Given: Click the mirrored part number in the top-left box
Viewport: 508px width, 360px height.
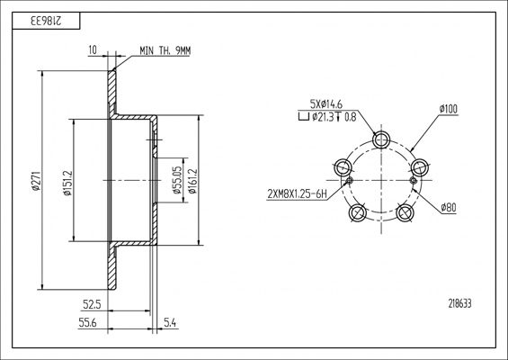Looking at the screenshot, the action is (46, 22).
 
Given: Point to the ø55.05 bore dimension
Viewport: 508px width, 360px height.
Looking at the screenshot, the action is (176, 180).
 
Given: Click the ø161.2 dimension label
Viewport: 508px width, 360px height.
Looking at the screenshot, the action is (192, 181).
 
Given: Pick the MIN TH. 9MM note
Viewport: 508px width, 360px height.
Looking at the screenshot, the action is (165, 51).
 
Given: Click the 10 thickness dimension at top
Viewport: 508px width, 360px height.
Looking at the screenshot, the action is (93, 49).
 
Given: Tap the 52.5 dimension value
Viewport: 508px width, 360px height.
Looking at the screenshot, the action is (93, 304).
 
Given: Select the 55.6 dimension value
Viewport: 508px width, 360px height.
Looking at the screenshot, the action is (87, 322).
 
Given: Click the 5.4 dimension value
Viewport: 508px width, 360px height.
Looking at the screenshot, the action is (170, 322).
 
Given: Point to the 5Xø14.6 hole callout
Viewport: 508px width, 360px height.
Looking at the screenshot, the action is (326, 104).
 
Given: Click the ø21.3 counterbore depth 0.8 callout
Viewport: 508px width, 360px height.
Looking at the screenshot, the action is (327, 117).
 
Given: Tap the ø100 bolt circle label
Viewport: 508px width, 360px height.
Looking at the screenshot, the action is (449, 109).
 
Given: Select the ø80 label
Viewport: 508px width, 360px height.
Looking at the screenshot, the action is (449, 207).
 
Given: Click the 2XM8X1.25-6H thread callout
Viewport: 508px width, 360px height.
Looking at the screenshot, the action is (297, 194).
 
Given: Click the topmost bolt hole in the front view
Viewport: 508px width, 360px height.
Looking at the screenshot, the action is (381, 140).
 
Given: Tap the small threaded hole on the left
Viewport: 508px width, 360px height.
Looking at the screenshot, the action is (349, 180).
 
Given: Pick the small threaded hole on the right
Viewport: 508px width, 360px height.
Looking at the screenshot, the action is (413, 180).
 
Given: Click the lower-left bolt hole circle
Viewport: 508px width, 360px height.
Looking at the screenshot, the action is (357, 212).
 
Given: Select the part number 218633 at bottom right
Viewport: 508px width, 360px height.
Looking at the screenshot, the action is (459, 303).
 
